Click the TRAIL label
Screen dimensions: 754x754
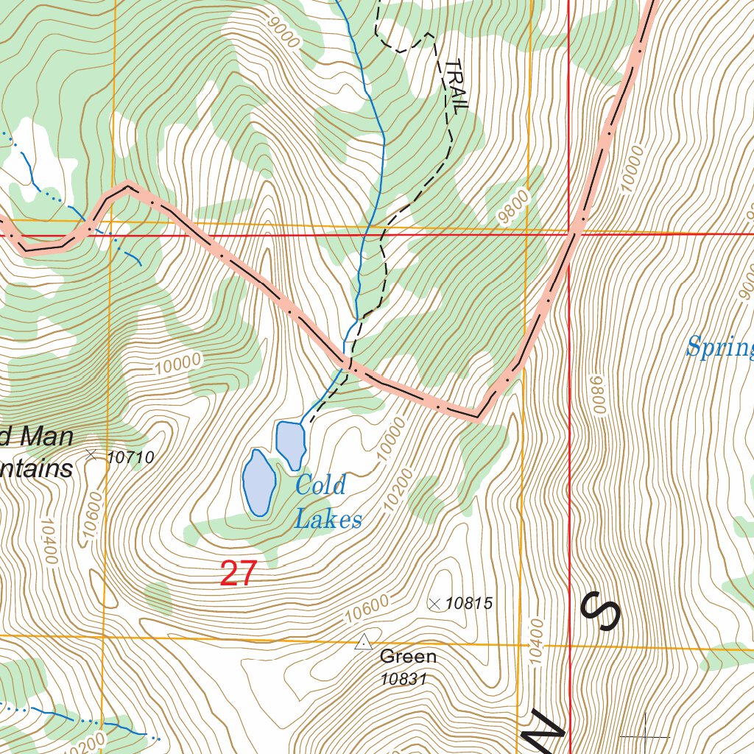click(x=456, y=85)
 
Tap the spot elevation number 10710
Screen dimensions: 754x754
click(x=130, y=457)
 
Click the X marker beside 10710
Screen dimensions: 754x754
click(x=91, y=455)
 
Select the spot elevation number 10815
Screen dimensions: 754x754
click(x=469, y=604)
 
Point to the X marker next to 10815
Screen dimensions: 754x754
click(x=434, y=604)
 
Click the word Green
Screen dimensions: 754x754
click(x=408, y=656)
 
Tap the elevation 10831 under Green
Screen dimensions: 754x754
click(x=404, y=679)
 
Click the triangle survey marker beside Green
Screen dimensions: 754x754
click(x=363, y=643)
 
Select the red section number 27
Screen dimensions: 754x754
click(x=239, y=574)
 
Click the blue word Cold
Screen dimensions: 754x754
click(x=320, y=485)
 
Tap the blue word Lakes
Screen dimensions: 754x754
click(x=328, y=520)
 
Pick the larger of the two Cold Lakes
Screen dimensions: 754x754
click(x=258, y=482)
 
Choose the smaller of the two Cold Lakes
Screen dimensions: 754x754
click(x=290, y=443)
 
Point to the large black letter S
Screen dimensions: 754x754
click(x=600, y=610)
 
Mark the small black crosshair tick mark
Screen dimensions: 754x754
click(x=645, y=734)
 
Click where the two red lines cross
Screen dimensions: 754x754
click(x=570, y=235)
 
